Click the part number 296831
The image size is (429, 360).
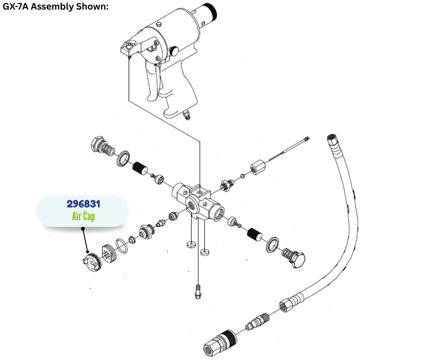click(84, 204)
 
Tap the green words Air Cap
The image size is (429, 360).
click(84, 217)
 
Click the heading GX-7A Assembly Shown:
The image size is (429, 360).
click(56, 6)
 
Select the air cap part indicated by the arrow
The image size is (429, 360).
click(92, 262)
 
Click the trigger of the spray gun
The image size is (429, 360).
click(152, 82)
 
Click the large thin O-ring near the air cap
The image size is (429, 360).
click(122, 246)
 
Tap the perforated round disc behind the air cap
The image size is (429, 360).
click(110, 254)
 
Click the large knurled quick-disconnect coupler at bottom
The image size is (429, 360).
click(220, 343)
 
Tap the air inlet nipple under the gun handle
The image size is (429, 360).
click(187, 114)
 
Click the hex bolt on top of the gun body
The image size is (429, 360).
click(158, 24)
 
